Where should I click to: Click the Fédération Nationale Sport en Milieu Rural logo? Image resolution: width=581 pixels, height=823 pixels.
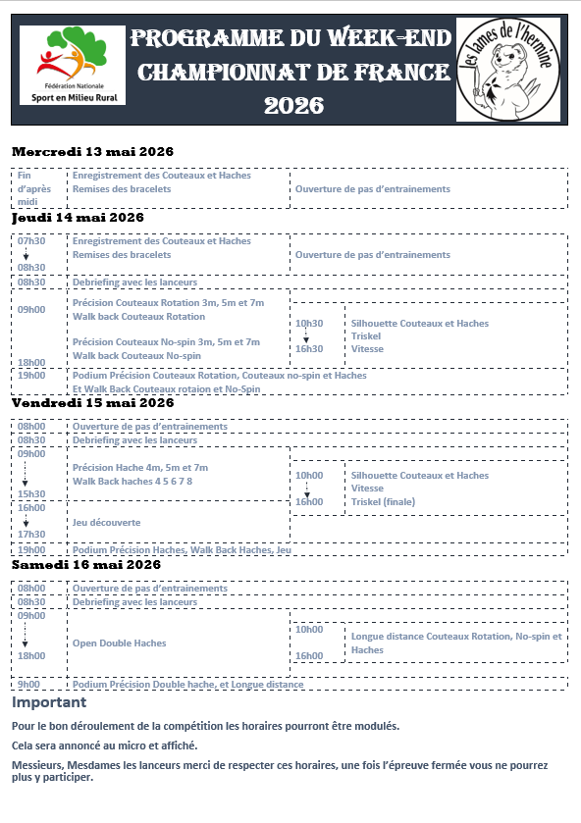[x=73, y=66]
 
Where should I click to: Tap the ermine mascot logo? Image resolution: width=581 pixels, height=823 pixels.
[x=510, y=69]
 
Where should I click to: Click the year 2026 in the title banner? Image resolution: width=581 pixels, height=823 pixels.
[x=293, y=105]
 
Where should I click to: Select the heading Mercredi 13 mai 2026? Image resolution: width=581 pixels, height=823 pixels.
[x=92, y=152]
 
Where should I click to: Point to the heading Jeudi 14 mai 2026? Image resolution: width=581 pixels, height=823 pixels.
[x=79, y=218]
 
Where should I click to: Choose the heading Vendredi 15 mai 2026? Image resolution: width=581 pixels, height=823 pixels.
[x=92, y=402]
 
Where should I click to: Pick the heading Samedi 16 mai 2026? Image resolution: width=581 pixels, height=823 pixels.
[x=86, y=565]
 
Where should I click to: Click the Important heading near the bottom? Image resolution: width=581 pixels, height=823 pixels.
[x=49, y=702]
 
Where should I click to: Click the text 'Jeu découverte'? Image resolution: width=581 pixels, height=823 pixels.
[x=107, y=523]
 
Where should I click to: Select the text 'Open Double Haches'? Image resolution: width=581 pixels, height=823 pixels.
[x=120, y=643]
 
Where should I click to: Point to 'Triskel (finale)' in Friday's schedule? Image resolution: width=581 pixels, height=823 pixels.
[x=384, y=502]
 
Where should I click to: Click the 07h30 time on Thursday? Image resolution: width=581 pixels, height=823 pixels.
[x=31, y=241]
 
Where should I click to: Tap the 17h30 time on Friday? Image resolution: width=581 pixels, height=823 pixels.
[x=31, y=535]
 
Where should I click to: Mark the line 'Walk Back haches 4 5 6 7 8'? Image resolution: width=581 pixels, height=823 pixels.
[x=132, y=482]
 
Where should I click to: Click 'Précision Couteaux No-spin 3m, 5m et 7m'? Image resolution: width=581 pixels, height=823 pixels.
[x=167, y=342]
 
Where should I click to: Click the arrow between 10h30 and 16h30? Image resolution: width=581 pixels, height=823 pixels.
[x=306, y=335]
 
